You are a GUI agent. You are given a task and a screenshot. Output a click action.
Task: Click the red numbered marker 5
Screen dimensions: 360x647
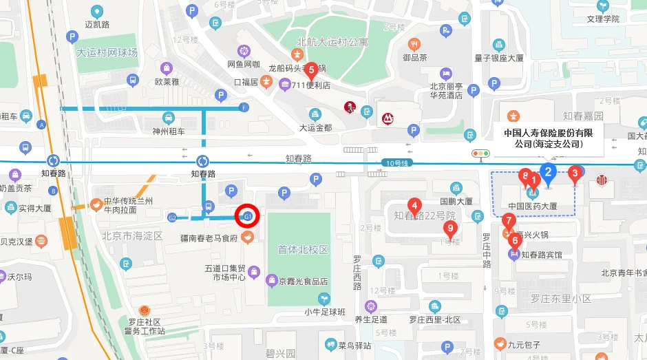point(311,69)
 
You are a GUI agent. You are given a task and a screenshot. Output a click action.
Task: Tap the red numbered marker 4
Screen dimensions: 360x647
point(414,204)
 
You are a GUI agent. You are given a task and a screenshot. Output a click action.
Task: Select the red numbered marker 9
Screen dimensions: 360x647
point(450,229)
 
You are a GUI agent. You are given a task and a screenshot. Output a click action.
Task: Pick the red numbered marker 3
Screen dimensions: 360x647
point(575,173)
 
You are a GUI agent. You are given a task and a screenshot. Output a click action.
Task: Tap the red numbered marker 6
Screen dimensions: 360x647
point(514,241)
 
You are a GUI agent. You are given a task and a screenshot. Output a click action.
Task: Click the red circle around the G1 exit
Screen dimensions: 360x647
point(246,216)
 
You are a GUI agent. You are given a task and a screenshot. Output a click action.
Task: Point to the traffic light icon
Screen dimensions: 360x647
point(480,154)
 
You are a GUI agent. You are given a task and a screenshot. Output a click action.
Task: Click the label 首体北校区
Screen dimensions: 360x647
point(302,250)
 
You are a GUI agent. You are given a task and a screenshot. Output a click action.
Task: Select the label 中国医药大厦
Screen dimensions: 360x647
point(532,206)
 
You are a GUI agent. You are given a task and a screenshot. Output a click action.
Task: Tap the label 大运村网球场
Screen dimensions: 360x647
point(107,52)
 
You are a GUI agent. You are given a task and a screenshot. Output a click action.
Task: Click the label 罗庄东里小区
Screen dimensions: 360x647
point(561,299)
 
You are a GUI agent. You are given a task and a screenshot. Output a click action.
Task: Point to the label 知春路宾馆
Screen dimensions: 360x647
point(541,255)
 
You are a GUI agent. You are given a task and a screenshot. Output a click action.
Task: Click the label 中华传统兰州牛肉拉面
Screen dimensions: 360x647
point(129,205)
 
